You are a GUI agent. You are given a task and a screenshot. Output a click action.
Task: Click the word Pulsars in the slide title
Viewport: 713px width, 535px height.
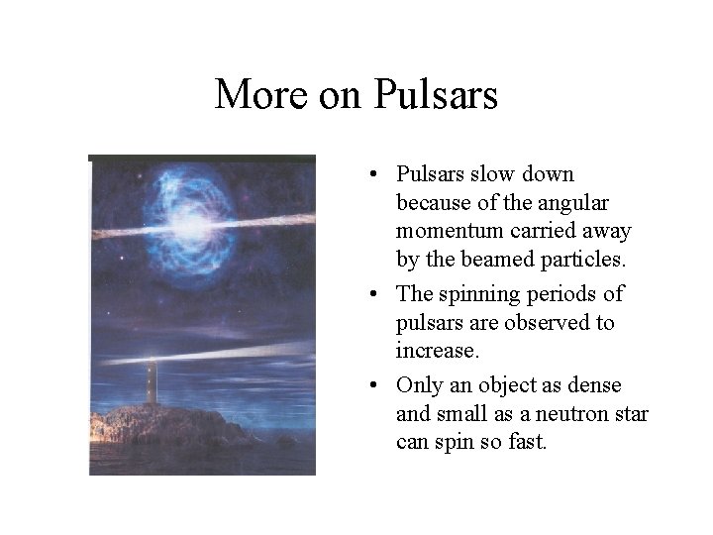(437, 95)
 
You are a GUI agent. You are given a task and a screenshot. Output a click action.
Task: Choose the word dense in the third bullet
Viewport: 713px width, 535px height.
(619, 384)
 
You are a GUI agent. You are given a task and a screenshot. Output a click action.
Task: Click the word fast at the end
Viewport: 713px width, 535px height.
(525, 442)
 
